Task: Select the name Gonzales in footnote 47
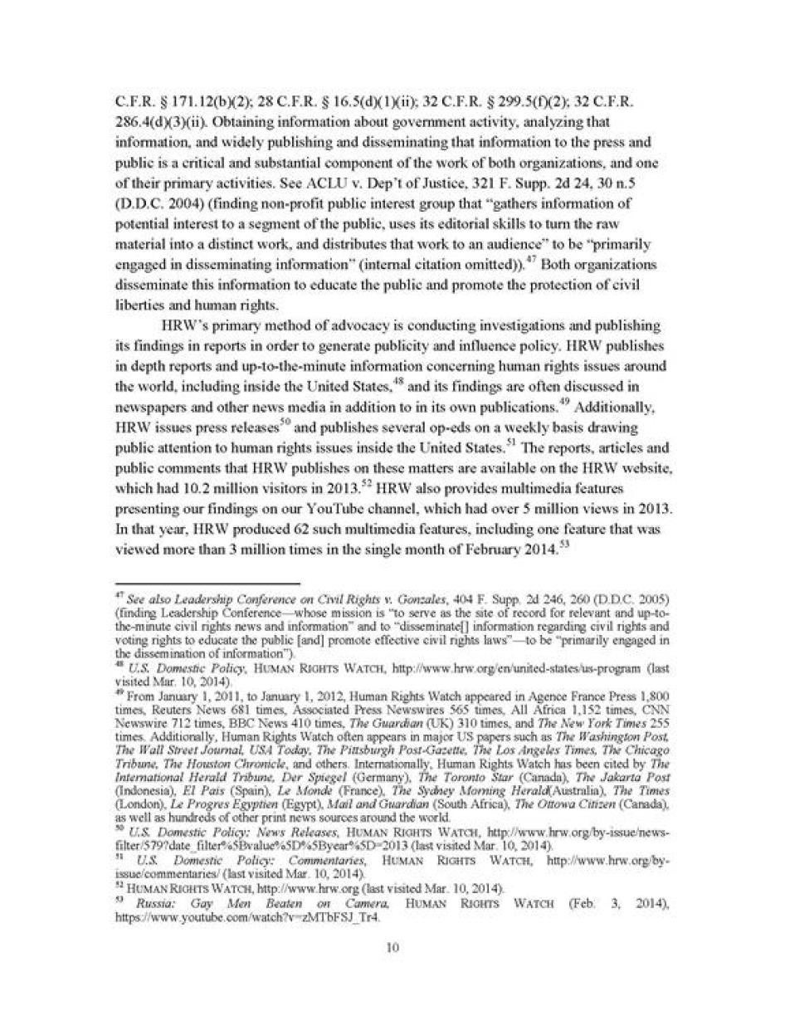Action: (397, 599)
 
